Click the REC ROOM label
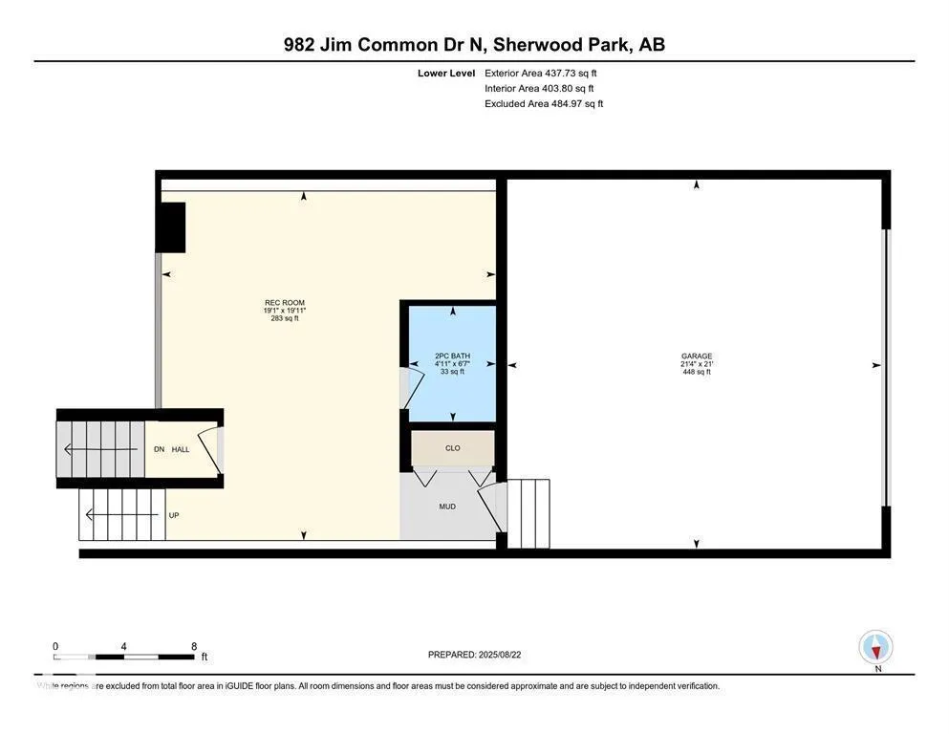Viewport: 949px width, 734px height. (x=284, y=302)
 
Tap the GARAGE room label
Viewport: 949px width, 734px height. (x=696, y=356)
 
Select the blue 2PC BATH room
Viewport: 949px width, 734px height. (x=452, y=363)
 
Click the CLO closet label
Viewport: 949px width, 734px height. (x=452, y=446)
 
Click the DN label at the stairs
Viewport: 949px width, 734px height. (x=160, y=449)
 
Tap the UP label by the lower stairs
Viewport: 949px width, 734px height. (x=174, y=515)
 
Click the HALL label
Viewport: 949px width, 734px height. (x=181, y=449)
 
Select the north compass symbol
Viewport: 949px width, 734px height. (x=875, y=647)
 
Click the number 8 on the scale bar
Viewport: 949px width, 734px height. (x=194, y=646)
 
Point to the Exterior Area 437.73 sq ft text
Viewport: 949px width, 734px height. (x=541, y=73)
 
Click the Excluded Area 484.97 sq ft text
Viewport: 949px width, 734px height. (x=544, y=103)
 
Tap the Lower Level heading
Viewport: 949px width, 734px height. (x=445, y=73)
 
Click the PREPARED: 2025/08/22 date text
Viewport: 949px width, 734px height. (x=482, y=655)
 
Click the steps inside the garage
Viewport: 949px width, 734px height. (x=528, y=513)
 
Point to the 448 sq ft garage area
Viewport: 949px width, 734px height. (x=696, y=372)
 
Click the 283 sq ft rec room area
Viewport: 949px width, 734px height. (x=284, y=318)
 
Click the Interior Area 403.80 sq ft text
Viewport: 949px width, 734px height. (x=541, y=88)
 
